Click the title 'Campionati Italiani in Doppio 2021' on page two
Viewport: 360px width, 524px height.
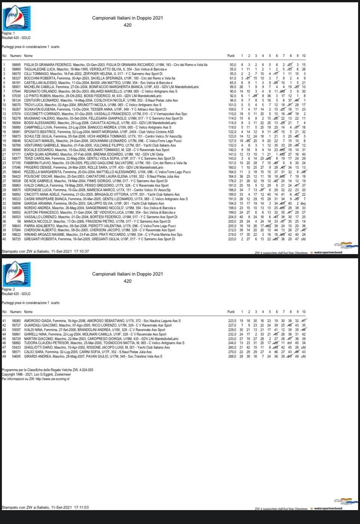[127, 274]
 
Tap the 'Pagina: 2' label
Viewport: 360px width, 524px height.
[8, 290]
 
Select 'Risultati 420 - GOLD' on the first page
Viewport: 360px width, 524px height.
[16, 38]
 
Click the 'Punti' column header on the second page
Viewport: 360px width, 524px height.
[231, 312]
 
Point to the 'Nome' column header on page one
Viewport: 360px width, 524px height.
[28, 56]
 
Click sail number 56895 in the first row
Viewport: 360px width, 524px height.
[16, 65]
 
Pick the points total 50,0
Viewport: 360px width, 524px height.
[233, 65]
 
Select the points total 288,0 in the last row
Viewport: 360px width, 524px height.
[233, 356]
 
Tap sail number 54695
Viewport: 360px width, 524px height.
[16, 356]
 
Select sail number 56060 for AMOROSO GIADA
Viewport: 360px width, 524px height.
[16, 321]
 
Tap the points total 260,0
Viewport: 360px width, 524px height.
[233, 347]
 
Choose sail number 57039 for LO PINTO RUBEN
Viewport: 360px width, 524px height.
[16, 96]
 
